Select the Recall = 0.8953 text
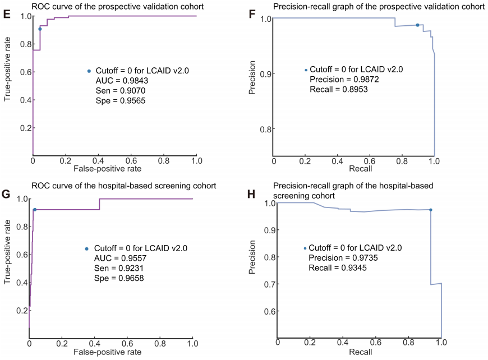point(339,89)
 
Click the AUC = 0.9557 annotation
point(115,258)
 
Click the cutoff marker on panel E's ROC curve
point(40,29)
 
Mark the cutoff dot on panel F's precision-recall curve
point(417,25)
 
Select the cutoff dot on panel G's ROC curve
point(34,210)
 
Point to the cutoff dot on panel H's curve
point(430,210)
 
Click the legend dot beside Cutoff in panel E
point(89,71)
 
